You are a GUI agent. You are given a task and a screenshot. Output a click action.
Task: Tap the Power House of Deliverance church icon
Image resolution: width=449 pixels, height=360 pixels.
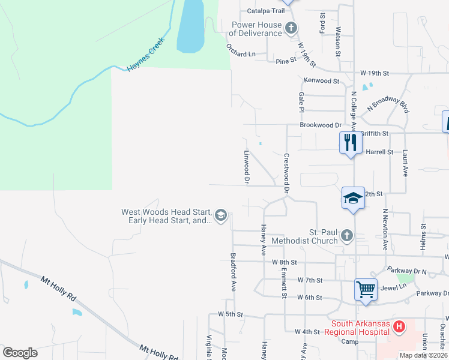[291, 28]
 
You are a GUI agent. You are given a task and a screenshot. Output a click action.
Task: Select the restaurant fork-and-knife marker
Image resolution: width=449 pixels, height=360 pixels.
[351, 143]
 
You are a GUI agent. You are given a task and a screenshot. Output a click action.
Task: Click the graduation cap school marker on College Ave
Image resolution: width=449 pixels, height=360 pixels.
[354, 197]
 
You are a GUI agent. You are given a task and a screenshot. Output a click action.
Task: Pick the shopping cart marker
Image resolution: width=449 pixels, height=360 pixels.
[366, 289]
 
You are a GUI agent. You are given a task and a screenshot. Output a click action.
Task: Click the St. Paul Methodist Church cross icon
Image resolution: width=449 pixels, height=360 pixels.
[346, 236]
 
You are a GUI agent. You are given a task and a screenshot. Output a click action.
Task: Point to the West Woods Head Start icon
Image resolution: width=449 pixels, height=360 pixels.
[221, 215]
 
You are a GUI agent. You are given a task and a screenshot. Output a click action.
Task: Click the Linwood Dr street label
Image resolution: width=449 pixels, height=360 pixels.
[246, 166]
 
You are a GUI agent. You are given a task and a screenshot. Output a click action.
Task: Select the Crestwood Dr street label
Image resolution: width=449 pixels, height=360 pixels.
[286, 173]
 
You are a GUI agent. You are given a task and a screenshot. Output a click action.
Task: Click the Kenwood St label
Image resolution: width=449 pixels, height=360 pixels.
[322, 80]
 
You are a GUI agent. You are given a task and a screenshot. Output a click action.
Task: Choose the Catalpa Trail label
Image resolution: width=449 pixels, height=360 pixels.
[265, 11]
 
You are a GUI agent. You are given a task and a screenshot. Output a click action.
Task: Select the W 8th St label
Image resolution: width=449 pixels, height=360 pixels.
[285, 262]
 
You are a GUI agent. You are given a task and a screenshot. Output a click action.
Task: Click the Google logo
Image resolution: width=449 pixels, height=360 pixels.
[20, 353]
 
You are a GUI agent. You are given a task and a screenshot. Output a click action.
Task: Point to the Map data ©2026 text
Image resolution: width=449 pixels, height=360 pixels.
[423, 355]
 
